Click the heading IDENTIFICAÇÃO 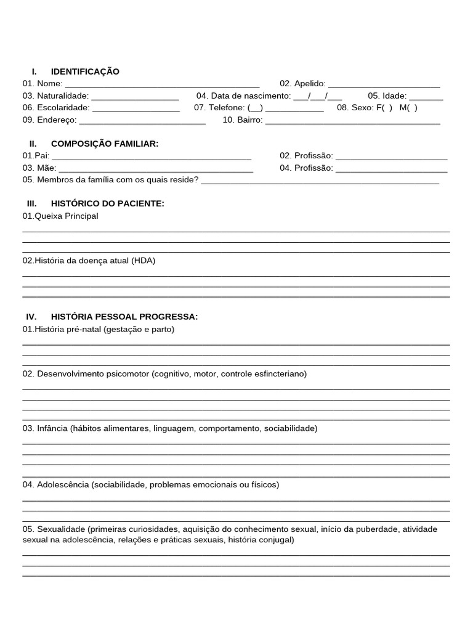click(x=85, y=71)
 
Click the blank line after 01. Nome click(x=162, y=84)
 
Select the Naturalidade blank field click(x=135, y=97)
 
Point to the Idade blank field click(x=426, y=97)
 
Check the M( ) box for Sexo click(x=408, y=108)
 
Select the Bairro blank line click(x=352, y=121)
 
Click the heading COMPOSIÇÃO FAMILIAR click(x=105, y=144)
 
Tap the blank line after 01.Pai click(x=152, y=157)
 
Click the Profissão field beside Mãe click(x=391, y=168)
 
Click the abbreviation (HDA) click(x=143, y=261)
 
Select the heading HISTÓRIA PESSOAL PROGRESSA click(x=124, y=317)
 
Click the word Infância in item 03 click(x=52, y=428)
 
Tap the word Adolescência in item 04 click(x=63, y=485)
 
